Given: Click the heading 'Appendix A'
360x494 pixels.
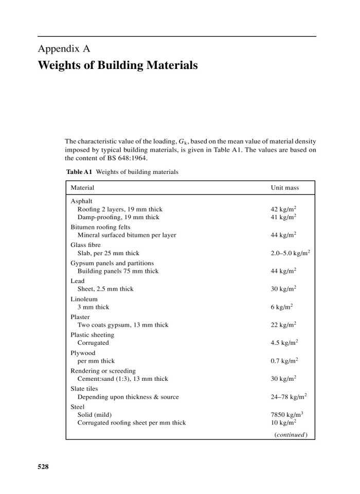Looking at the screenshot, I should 64,49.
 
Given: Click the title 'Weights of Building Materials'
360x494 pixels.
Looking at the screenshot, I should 118,66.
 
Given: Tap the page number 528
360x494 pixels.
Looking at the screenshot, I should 43,467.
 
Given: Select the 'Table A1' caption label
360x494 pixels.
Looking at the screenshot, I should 79,172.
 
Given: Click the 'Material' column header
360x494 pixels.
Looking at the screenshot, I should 82,188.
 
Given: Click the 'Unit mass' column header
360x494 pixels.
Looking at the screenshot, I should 284,188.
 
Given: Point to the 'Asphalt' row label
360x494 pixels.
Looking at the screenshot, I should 81,201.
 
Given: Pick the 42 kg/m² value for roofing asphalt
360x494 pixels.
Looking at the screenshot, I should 283,209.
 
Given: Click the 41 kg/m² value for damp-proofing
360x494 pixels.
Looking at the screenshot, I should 283,217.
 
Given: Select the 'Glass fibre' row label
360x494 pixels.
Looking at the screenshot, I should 85,245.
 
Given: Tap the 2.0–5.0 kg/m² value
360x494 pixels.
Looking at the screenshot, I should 290,253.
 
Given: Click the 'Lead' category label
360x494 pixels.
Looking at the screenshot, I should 77,281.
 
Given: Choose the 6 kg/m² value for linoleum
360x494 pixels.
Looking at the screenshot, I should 281,307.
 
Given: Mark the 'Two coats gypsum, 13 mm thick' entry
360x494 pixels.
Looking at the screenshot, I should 123,325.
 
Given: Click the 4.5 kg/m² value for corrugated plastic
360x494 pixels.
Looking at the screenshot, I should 284,343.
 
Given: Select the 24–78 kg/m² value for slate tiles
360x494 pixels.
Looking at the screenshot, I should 289,397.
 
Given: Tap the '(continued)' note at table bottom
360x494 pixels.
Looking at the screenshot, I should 291,434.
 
